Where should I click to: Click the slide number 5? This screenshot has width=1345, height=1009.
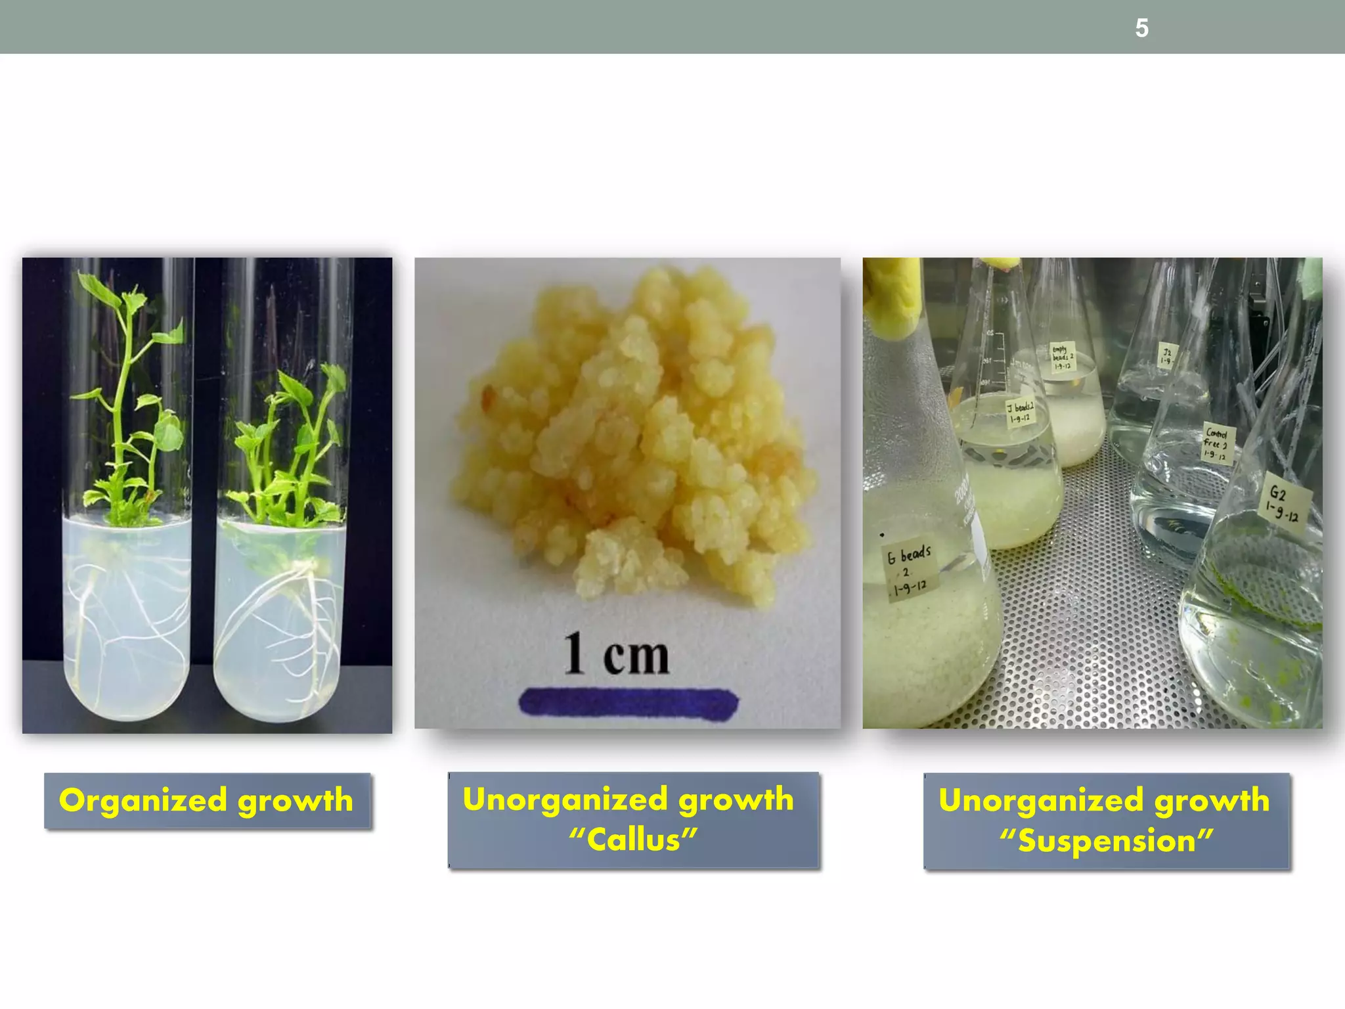[x=1141, y=28]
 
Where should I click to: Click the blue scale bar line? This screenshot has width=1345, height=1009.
[x=628, y=703]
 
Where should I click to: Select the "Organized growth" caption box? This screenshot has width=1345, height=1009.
[x=208, y=801]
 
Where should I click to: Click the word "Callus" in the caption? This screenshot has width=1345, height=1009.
[x=633, y=840]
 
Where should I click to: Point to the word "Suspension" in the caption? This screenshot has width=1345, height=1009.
[x=1107, y=841]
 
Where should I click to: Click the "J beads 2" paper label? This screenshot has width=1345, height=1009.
[x=1021, y=413]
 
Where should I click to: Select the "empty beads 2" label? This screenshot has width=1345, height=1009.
[x=1061, y=357]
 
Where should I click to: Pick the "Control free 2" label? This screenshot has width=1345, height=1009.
[x=1217, y=443]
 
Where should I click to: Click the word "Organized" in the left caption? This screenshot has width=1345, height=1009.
[x=143, y=801]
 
